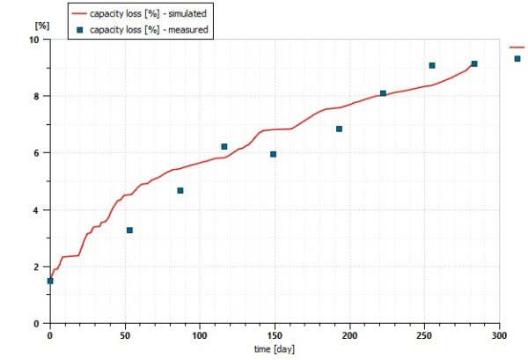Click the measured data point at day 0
pos(50,281)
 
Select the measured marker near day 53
pos(129,231)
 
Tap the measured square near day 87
pos(180,190)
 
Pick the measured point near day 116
pos(224,146)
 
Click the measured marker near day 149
pos(274,154)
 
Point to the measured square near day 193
pos(339,129)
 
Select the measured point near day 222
pos(383,93)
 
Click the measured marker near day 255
pos(432,65)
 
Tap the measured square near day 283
pos(474,63)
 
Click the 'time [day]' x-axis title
pos(274,350)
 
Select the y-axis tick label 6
pos(35,153)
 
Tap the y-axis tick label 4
pos(35,210)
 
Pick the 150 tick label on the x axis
pos(275,335)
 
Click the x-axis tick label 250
pos(424,335)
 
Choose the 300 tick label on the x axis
pos(500,335)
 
